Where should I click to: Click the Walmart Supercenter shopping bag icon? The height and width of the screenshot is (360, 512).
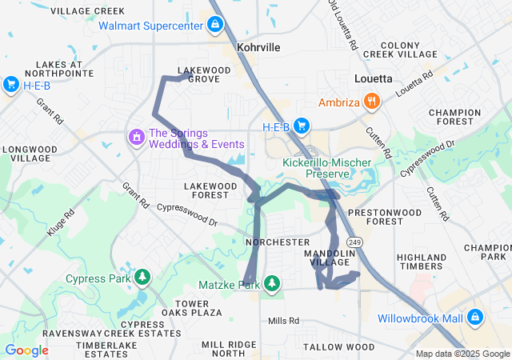click(214, 26)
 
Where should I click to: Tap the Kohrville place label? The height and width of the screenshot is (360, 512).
click(258, 48)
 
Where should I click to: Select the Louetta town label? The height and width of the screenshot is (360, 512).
click(373, 78)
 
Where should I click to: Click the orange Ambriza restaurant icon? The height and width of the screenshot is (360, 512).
click(371, 102)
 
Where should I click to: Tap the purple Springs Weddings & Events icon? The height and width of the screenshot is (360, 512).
click(136, 138)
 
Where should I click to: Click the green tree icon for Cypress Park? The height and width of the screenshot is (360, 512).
click(142, 278)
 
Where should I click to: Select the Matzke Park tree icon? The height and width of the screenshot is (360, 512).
click(273, 284)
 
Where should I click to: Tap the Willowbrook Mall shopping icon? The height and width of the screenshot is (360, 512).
click(475, 318)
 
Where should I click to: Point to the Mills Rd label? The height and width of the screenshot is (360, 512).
click(283, 321)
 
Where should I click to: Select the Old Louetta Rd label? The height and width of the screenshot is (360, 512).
click(342, 24)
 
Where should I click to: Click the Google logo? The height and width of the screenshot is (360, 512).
click(26, 350)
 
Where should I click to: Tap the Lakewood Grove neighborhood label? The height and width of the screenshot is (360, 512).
click(204, 74)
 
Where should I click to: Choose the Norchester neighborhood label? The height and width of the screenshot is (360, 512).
click(278, 242)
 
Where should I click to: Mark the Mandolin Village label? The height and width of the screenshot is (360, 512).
click(324, 257)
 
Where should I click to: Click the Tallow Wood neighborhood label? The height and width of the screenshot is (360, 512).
click(339, 346)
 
